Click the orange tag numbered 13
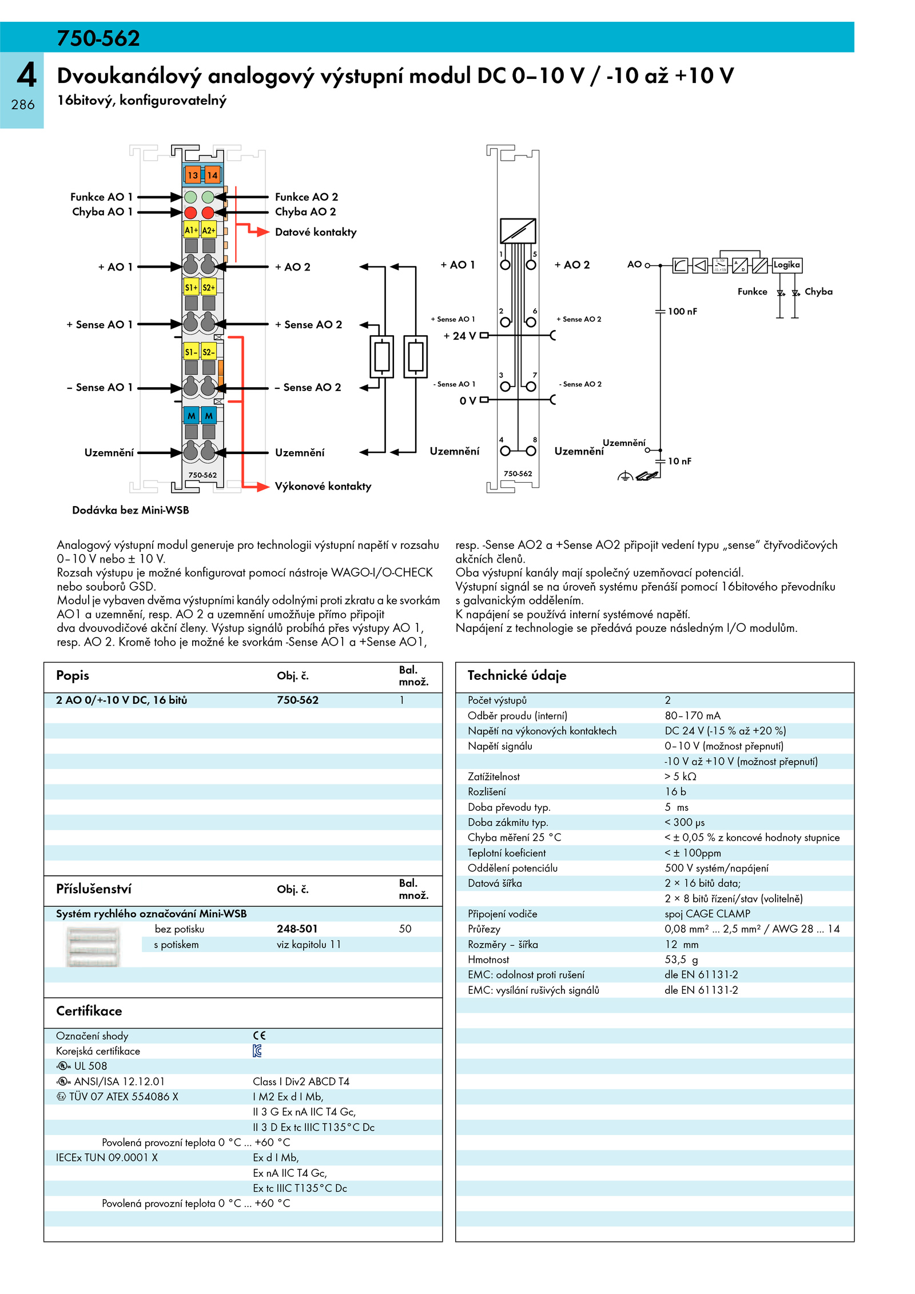tap(192, 175)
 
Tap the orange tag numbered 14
tap(212, 175)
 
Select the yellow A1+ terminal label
tap(191, 230)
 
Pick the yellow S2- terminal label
tap(209, 352)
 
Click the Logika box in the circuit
tap(786, 265)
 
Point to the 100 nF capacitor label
tap(682, 312)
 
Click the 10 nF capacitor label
tap(679, 461)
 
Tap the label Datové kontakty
tap(316, 232)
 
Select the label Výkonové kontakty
tap(323, 487)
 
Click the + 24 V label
tap(460, 336)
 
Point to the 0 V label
tap(468, 401)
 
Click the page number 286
tap(23, 105)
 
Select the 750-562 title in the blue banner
tap(98, 38)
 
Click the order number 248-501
tap(297, 929)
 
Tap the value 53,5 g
tap(681, 959)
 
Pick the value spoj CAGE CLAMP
tap(707, 914)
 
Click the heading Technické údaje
tap(517, 675)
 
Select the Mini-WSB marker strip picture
tap(93, 947)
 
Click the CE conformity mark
tap(260, 1036)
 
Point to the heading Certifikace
tap(89, 1011)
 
